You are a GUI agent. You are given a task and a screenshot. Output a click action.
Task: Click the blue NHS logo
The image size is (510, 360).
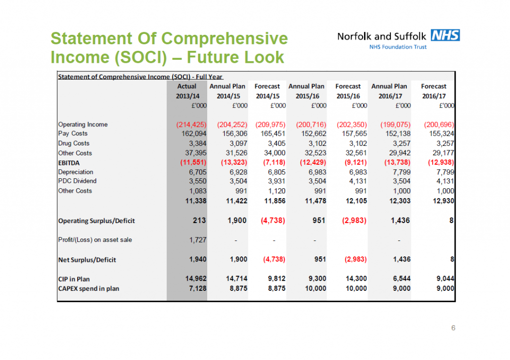pyautogui.click(x=445, y=35)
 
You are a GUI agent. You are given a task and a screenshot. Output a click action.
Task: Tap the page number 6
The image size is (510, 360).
pyautogui.click(x=453, y=328)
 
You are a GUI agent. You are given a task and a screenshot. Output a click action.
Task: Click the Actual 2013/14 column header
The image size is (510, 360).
pyautogui.click(x=187, y=91)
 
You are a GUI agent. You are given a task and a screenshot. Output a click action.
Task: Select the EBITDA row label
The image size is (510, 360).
pyautogui.click(x=69, y=163)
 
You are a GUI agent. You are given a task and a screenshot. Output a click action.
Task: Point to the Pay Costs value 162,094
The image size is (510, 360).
pyautogui.click(x=194, y=133)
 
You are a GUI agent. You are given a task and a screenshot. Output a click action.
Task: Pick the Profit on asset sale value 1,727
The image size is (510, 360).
pyautogui.click(x=198, y=240)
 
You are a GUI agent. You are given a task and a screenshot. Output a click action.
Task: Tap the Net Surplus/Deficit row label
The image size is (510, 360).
pyautogui.click(x=87, y=260)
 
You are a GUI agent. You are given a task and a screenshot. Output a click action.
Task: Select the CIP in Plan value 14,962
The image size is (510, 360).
pyautogui.click(x=196, y=279)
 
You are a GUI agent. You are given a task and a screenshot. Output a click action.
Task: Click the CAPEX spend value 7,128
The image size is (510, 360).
pyautogui.click(x=198, y=288)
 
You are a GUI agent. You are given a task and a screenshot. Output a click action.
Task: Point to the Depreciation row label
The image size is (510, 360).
pyautogui.click(x=76, y=172)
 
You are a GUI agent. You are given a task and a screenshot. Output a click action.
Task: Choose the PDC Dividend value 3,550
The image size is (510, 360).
pyautogui.click(x=198, y=181)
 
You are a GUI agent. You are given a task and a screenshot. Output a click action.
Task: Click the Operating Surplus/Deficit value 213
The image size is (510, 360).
pyautogui.click(x=199, y=221)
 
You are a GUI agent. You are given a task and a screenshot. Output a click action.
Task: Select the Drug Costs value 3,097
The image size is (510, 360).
pyautogui.click(x=239, y=143)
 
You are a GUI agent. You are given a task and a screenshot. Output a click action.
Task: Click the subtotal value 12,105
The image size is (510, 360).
pyautogui.click(x=356, y=201)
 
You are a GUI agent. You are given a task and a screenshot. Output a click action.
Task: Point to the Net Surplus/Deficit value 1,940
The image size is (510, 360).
pyautogui.click(x=198, y=259)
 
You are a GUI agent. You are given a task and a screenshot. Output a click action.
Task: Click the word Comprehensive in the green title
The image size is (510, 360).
pyautogui.click(x=225, y=39)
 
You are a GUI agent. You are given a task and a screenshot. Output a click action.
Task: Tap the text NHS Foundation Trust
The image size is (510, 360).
pyautogui.click(x=398, y=47)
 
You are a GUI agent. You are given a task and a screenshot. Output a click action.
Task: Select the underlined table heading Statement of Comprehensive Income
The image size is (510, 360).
pyautogui.click(x=140, y=77)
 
